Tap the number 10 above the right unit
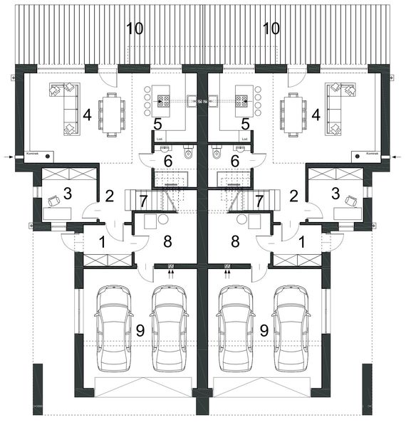coord(271,29)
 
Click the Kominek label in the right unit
coord(370,153)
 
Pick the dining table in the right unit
coord(294,114)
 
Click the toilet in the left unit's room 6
coord(188,152)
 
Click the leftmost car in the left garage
coord(114,327)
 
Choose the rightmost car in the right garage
coord(292,327)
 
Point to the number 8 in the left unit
coord(168,241)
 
